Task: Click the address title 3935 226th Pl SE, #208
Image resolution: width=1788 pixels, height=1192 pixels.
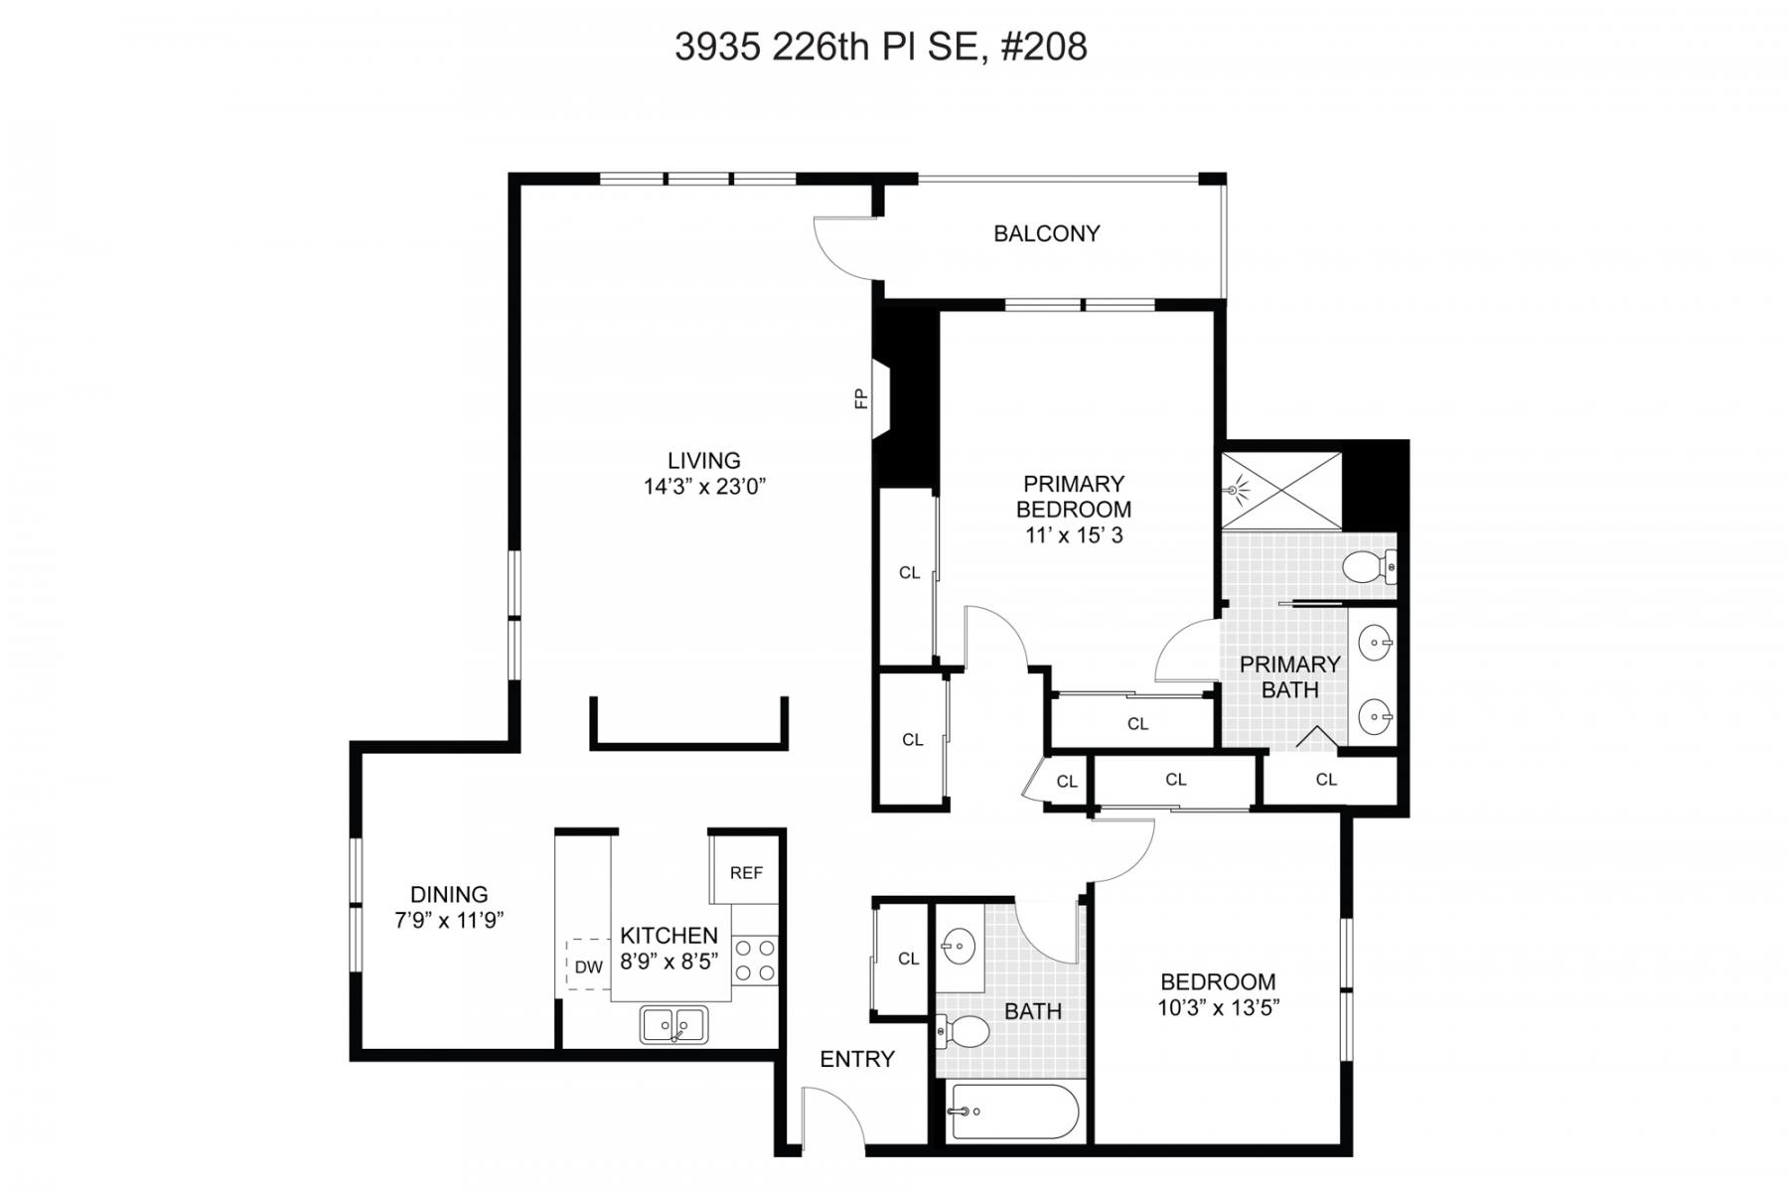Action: tap(881, 47)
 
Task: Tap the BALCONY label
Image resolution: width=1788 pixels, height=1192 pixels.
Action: tap(1047, 233)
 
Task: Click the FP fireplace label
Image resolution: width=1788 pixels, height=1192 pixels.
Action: tap(861, 398)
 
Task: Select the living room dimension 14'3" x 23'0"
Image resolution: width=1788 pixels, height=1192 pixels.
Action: tap(704, 487)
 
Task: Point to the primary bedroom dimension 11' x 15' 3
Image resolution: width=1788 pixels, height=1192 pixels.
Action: tap(1074, 535)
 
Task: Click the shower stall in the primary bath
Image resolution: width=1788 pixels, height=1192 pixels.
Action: tap(1281, 491)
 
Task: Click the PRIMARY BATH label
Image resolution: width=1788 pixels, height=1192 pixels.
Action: tap(1289, 676)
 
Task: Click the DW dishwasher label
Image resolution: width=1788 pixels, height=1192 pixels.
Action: tap(588, 967)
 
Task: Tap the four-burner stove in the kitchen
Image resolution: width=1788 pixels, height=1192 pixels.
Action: tap(755, 960)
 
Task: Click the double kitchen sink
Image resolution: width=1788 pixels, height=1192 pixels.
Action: tap(674, 1024)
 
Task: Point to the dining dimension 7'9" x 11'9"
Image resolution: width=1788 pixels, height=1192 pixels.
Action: tap(449, 920)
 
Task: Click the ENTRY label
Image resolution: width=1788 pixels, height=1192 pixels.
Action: tap(856, 1059)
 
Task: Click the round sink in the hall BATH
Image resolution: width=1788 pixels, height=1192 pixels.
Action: tap(961, 945)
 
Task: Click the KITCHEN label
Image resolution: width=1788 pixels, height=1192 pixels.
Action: tap(669, 936)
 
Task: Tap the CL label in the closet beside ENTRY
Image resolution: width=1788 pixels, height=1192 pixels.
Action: tap(908, 959)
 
